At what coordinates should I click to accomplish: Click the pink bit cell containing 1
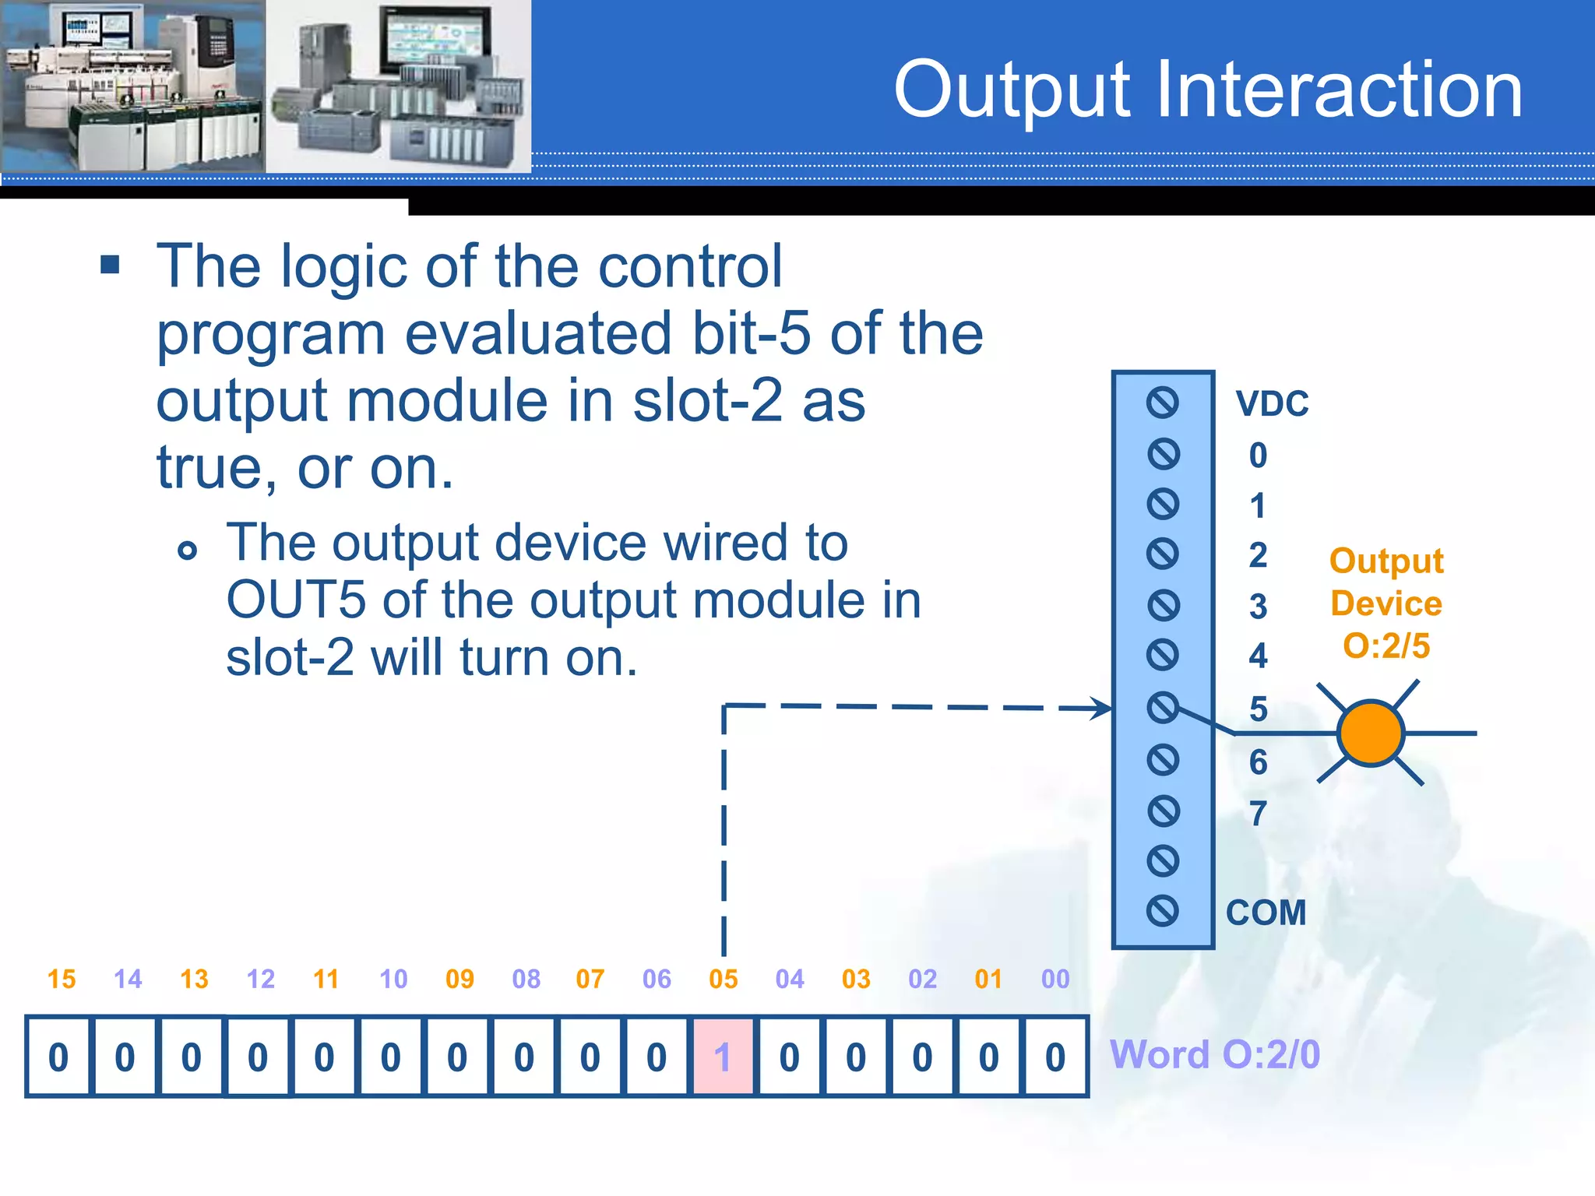(x=723, y=1057)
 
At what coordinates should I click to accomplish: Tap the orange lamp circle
(x=1371, y=733)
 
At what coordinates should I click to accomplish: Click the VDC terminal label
(x=1272, y=403)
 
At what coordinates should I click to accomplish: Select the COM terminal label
(x=1266, y=913)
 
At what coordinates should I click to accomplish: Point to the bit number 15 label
(x=62, y=979)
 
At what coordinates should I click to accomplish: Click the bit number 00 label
(x=1055, y=979)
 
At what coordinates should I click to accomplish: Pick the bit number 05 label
(x=724, y=979)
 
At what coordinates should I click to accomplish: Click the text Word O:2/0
(x=1214, y=1055)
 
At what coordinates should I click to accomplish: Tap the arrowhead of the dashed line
(x=1103, y=709)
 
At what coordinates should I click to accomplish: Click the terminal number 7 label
(x=1258, y=814)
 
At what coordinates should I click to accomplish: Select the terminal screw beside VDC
(x=1163, y=403)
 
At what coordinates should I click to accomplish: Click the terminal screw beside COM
(x=1163, y=910)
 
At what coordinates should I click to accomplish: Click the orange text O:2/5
(x=1386, y=645)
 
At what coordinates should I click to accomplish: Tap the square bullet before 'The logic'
(x=111, y=265)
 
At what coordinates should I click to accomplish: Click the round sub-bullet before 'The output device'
(x=187, y=551)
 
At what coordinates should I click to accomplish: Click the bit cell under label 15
(x=58, y=1057)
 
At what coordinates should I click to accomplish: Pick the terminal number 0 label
(x=1258, y=455)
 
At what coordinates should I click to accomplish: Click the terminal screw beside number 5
(x=1163, y=707)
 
